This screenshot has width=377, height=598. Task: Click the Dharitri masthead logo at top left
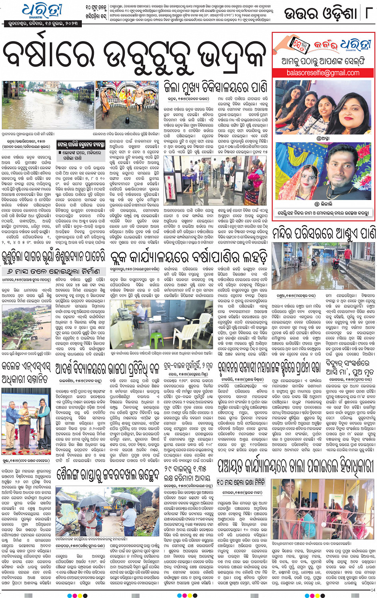pyautogui.click(x=42, y=11)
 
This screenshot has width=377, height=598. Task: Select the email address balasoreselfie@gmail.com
pyautogui.click(x=323, y=73)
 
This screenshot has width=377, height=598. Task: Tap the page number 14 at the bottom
pyautogui.click(x=373, y=590)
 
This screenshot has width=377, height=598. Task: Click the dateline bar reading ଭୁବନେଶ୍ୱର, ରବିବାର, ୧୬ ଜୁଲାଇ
pyautogui.click(x=42, y=24)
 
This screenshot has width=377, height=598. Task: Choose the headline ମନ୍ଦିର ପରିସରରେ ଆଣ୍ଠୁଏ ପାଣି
pyautogui.click(x=324, y=233)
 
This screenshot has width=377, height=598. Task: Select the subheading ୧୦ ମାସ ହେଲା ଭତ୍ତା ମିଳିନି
pyautogui.click(x=240, y=482)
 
